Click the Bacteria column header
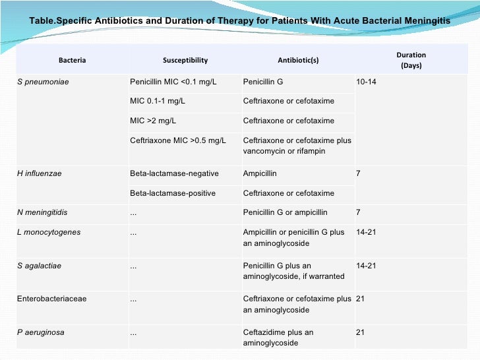(x=72, y=60)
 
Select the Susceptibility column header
(x=185, y=60)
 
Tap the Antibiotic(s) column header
(x=298, y=60)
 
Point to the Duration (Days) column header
(x=411, y=60)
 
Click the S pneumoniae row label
(x=43, y=82)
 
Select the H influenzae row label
(x=40, y=173)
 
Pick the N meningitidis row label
(x=42, y=213)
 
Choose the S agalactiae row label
(x=40, y=266)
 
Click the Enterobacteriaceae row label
(x=51, y=299)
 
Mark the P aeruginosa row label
(x=41, y=332)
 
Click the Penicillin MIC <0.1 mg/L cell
(x=173, y=82)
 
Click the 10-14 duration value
(x=366, y=82)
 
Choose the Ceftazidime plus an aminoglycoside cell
(x=278, y=338)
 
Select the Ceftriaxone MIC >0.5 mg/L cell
(x=178, y=140)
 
